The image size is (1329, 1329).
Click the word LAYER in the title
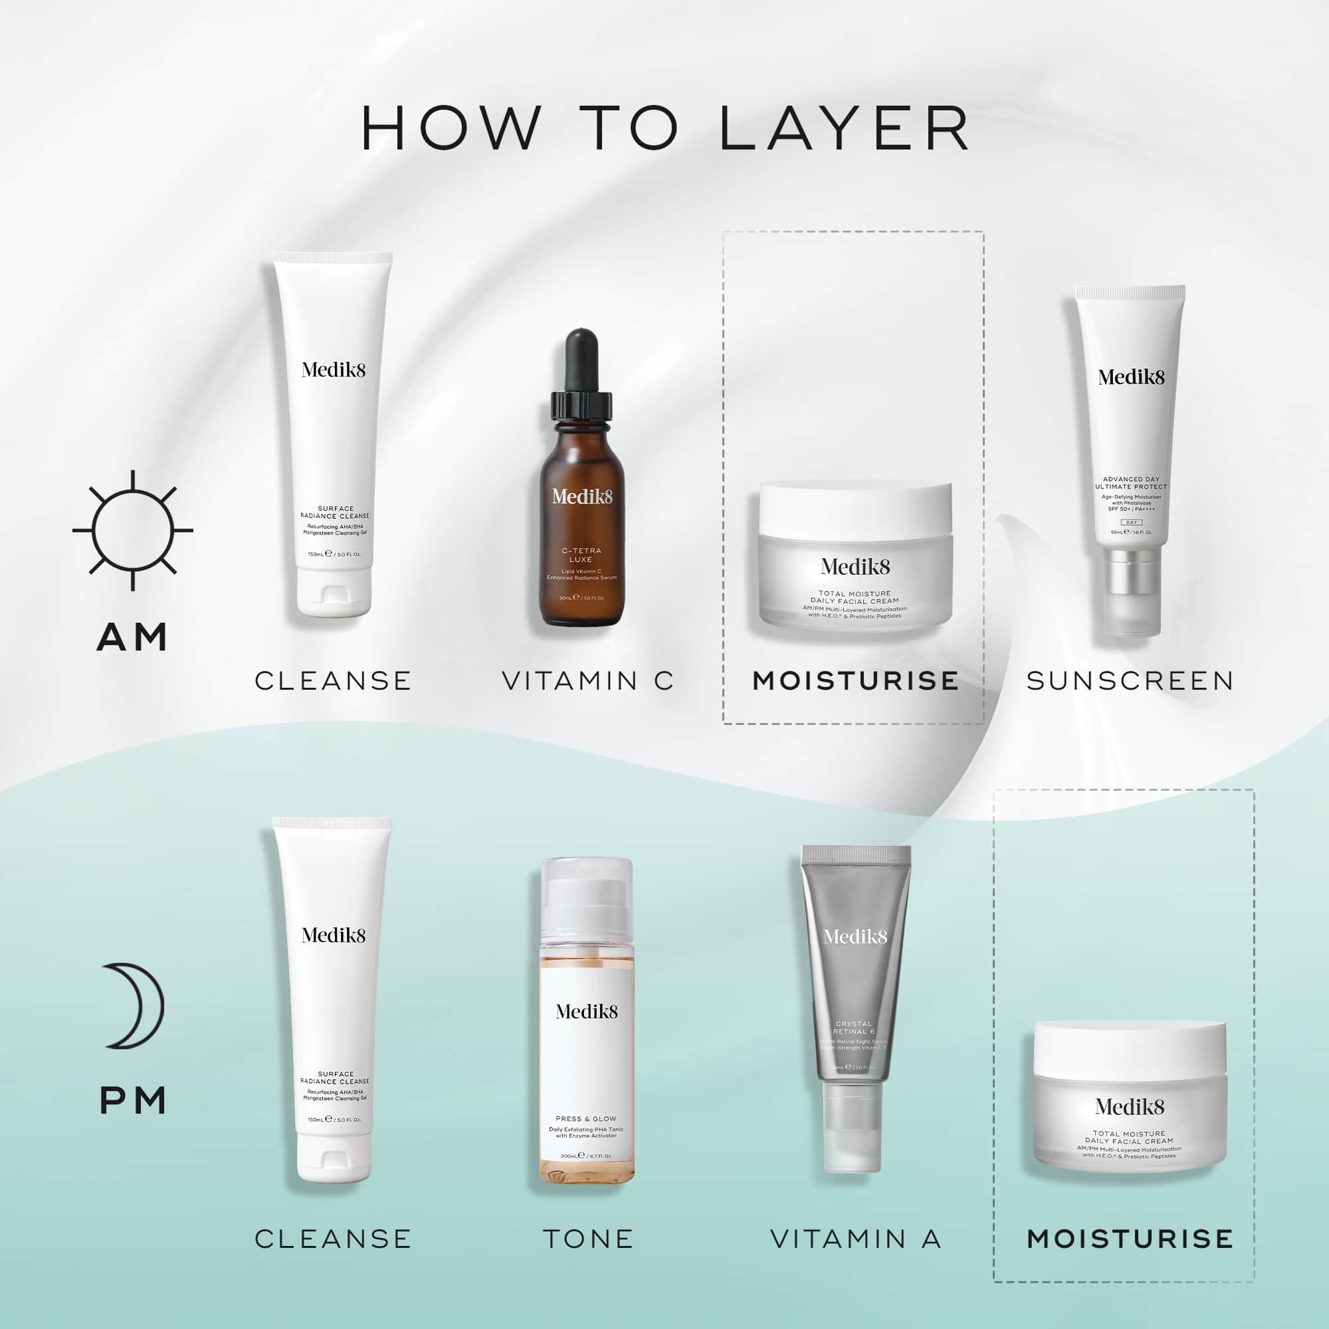[844, 129]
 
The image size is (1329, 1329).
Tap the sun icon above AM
[133, 530]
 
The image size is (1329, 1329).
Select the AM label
[133, 638]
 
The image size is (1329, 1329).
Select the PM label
[133, 1101]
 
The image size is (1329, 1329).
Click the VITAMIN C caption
[587, 681]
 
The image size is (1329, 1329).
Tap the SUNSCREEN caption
[1130, 681]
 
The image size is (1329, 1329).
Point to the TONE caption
[588, 1239]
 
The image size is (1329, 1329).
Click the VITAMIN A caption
[855, 1239]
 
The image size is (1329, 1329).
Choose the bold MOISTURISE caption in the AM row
[855, 681]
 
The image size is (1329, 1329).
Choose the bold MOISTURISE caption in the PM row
[1130, 1239]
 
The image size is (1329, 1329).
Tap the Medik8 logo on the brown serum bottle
[582, 496]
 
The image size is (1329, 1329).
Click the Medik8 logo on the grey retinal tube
[855, 936]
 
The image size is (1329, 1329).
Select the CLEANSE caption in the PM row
[333, 1239]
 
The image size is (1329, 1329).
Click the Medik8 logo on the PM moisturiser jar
[1130, 1106]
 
